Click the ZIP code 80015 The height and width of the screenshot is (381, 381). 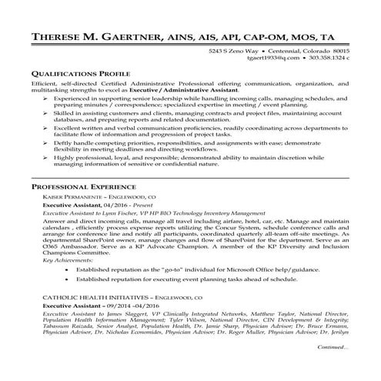coord(337,49)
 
